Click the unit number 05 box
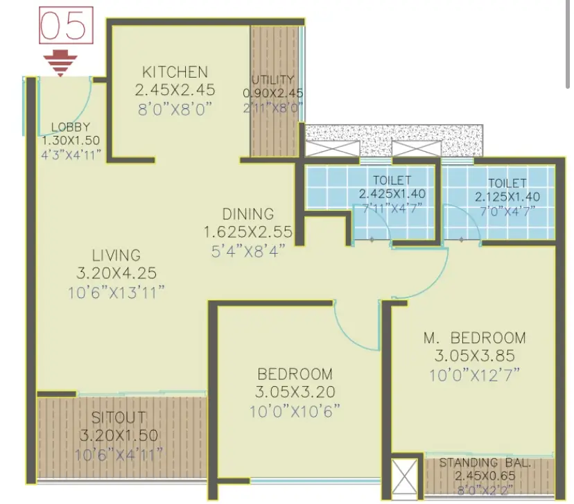tap(67, 26)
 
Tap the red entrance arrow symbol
tap(60, 64)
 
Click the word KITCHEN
tap(175, 72)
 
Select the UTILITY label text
tap(272, 80)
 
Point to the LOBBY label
tap(71, 127)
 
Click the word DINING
tap(248, 214)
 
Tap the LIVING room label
tap(116, 255)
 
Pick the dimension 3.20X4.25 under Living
tap(116, 273)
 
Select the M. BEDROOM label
tap(475, 338)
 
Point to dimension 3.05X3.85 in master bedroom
tap(475, 356)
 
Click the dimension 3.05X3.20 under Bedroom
tap(295, 392)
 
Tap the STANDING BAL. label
tap(485, 463)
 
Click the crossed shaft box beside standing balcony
tap(406, 476)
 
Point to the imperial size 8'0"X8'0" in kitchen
tap(175, 110)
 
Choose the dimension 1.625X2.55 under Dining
tap(248, 232)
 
